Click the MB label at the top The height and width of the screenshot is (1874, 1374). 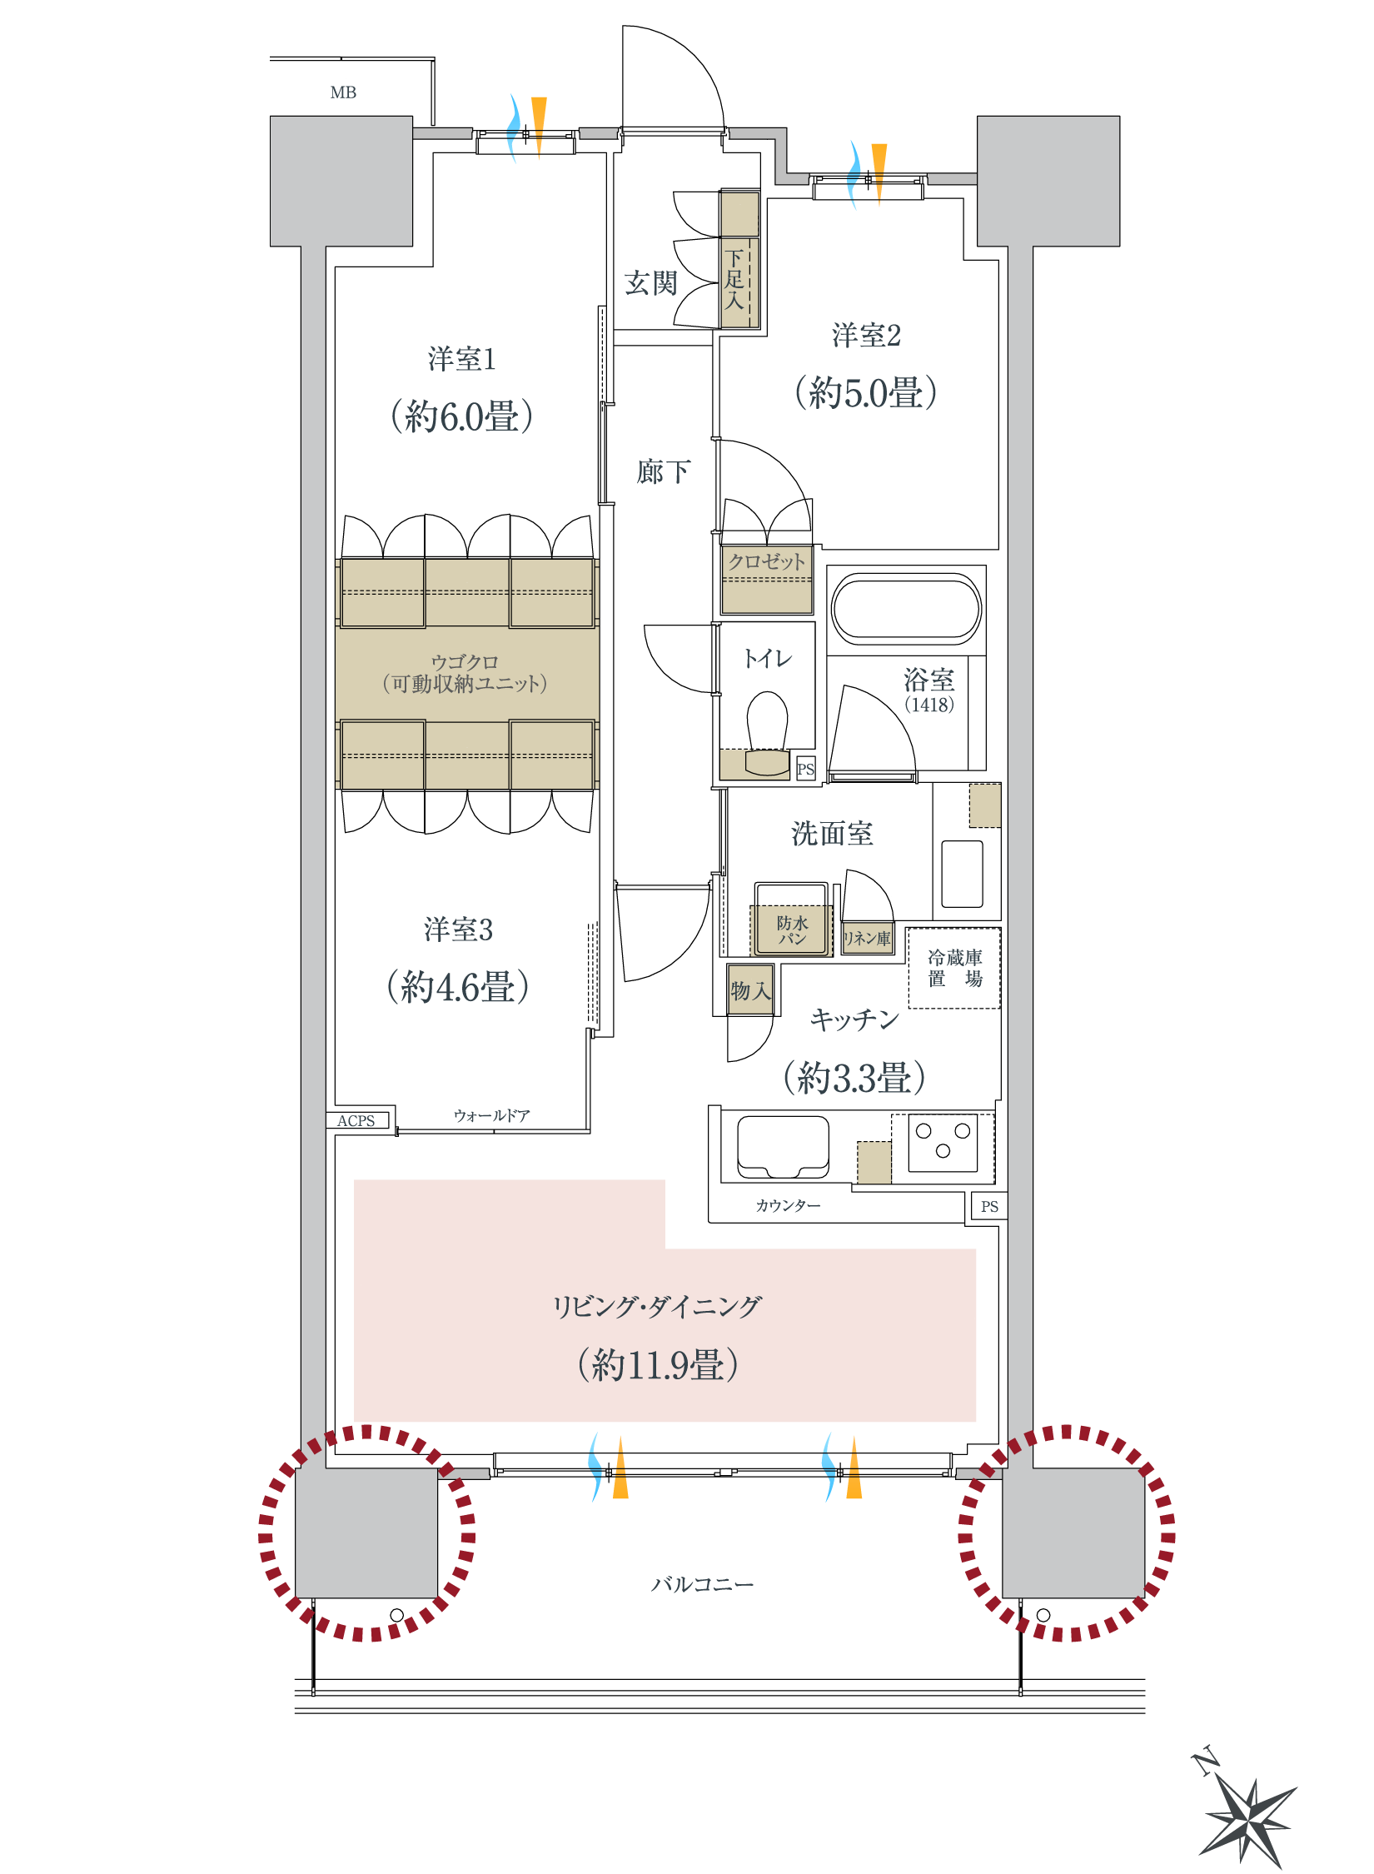343,92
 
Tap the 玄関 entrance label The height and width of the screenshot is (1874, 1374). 650,283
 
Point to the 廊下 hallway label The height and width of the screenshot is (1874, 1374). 663,471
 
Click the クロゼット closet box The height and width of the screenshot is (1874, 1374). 766,579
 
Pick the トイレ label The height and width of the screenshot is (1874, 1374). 767,659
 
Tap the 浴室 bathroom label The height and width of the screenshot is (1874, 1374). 928,680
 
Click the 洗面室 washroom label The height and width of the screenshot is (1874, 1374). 832,833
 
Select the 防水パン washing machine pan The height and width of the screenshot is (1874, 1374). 791,930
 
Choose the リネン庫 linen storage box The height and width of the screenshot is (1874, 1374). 867,938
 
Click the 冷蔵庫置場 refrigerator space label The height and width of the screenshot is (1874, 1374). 954,968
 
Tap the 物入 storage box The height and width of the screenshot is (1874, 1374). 750,989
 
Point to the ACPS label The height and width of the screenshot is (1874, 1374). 356,1121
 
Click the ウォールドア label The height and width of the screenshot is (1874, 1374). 491,1115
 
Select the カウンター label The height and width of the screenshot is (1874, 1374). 788,1205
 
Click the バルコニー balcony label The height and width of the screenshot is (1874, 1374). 702,1584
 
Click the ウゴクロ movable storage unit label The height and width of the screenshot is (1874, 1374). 465,673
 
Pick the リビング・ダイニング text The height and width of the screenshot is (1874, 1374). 657,1306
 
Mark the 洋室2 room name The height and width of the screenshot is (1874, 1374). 866,336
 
